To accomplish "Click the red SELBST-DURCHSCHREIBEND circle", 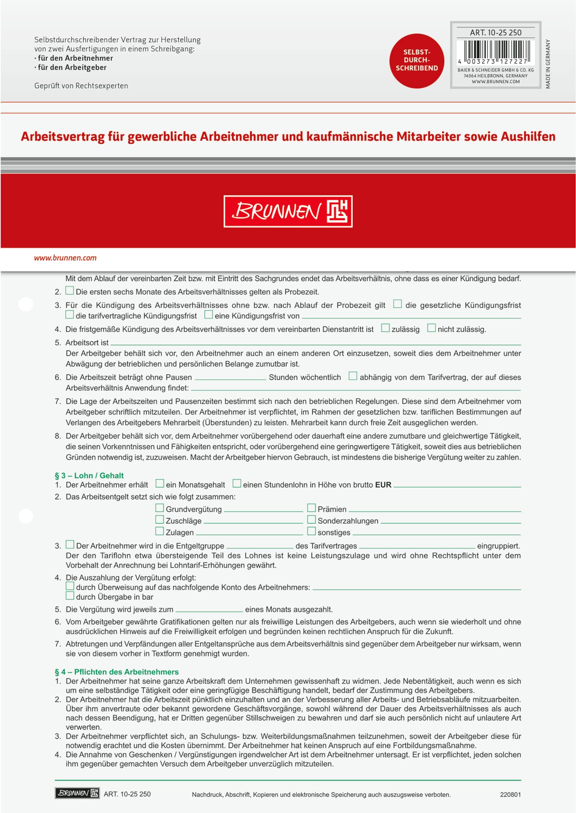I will coord(417,61).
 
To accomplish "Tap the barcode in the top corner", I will coord(495,51).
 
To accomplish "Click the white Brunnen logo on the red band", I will coord(288,211).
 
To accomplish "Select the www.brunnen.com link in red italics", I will coord(65,258).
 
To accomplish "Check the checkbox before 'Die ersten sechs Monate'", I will coord(70,291).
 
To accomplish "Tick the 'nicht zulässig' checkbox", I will coord(431,328).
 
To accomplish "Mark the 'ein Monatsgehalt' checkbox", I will coord(160,483).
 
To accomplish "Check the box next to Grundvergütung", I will coord(160,508).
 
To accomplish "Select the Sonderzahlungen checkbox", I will coord(312,520).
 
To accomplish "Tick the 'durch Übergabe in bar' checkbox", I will coord(70,596).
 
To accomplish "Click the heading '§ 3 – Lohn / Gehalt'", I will coord(89,476).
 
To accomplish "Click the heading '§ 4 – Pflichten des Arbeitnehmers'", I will coord(117,672).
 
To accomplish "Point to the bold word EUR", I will coord(383,485).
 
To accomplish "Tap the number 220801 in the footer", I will coord(510,794).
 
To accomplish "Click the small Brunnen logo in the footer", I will coord(77,793).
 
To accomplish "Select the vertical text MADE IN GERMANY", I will coord(548,64).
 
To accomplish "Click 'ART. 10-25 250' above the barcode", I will coord(495,33).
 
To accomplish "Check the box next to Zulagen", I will coord(160,531).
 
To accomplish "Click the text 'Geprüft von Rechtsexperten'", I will coord(81,86).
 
